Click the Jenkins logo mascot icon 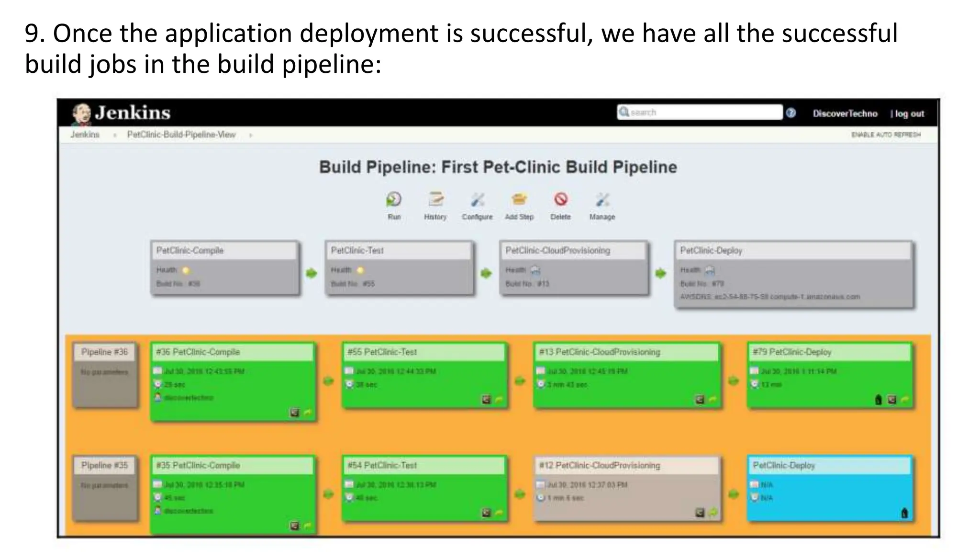click(x=81, y=114)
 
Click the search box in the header click(x=700, y=112)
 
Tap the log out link click(x=908, y=114)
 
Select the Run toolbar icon click(x=394, y=199)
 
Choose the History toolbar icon click(x=435, y=199)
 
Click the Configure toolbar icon click(x=477, y=199)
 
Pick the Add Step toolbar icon click(x=519, y=199)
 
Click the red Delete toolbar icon click(x=560, y=199)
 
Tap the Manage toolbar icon click(x=602, y=199)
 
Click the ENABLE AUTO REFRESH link click(x=886, y=135)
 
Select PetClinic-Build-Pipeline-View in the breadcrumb click(x=181, y=135)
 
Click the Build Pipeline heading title click(x=498, y=167)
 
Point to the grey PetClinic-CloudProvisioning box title click(x=558, y=251)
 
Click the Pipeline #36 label click(x=104, y=352)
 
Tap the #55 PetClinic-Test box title click(x=382, y=352)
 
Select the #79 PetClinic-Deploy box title click(x=792, y=352)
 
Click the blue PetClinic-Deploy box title click(x=784, y=465)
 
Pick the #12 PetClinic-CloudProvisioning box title click(x=600, y=465)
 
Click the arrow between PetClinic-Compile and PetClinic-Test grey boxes click(x=312, y=273)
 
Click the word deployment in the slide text click(x=367, y=34)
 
